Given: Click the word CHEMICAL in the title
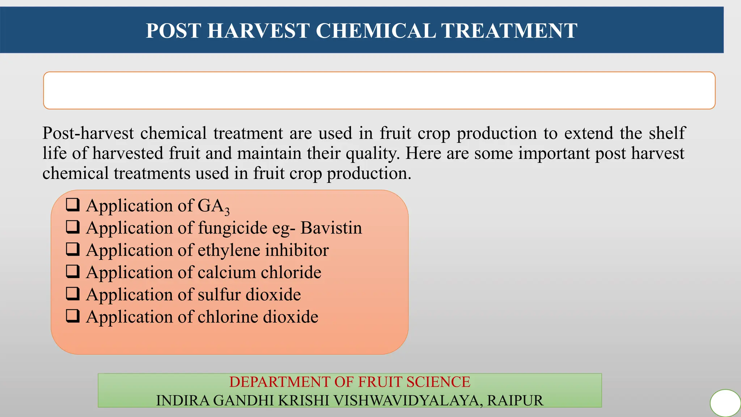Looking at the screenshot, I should [376, 31].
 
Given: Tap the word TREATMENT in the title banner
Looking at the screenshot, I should [509, 31].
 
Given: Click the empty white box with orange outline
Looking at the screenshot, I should [379, 90].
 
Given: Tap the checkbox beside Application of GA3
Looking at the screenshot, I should [73, 205].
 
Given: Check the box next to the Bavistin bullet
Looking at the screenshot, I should [73, 227].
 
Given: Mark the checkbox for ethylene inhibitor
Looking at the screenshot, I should [73, 249].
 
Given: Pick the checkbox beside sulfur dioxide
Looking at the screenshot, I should [73, 294].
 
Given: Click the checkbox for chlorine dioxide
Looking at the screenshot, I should [73, 316].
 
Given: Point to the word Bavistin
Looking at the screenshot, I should [331, 228].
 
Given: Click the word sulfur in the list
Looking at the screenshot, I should [219, 295].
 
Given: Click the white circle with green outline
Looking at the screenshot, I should [725, 403].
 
